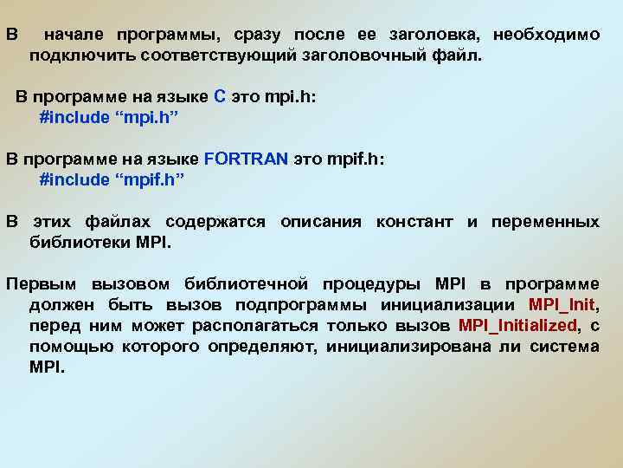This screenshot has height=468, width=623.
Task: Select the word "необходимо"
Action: (546, 35)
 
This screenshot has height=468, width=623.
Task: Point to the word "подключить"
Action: (74, 55)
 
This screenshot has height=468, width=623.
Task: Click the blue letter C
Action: (220, 97)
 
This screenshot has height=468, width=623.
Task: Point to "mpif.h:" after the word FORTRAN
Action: (356, 159)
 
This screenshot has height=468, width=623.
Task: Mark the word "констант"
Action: (414, 222)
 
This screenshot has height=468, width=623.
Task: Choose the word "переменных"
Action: (545, 222)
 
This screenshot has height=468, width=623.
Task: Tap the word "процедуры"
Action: (370, 284)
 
